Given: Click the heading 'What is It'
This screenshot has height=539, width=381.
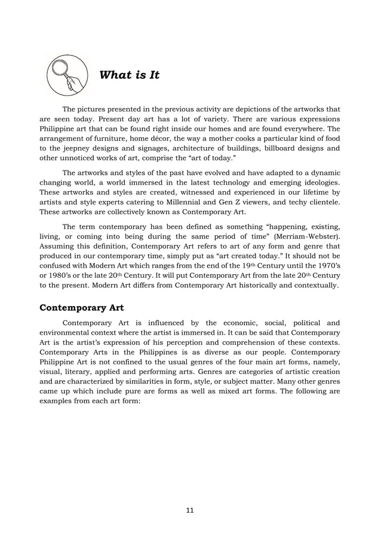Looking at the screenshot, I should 128,75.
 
